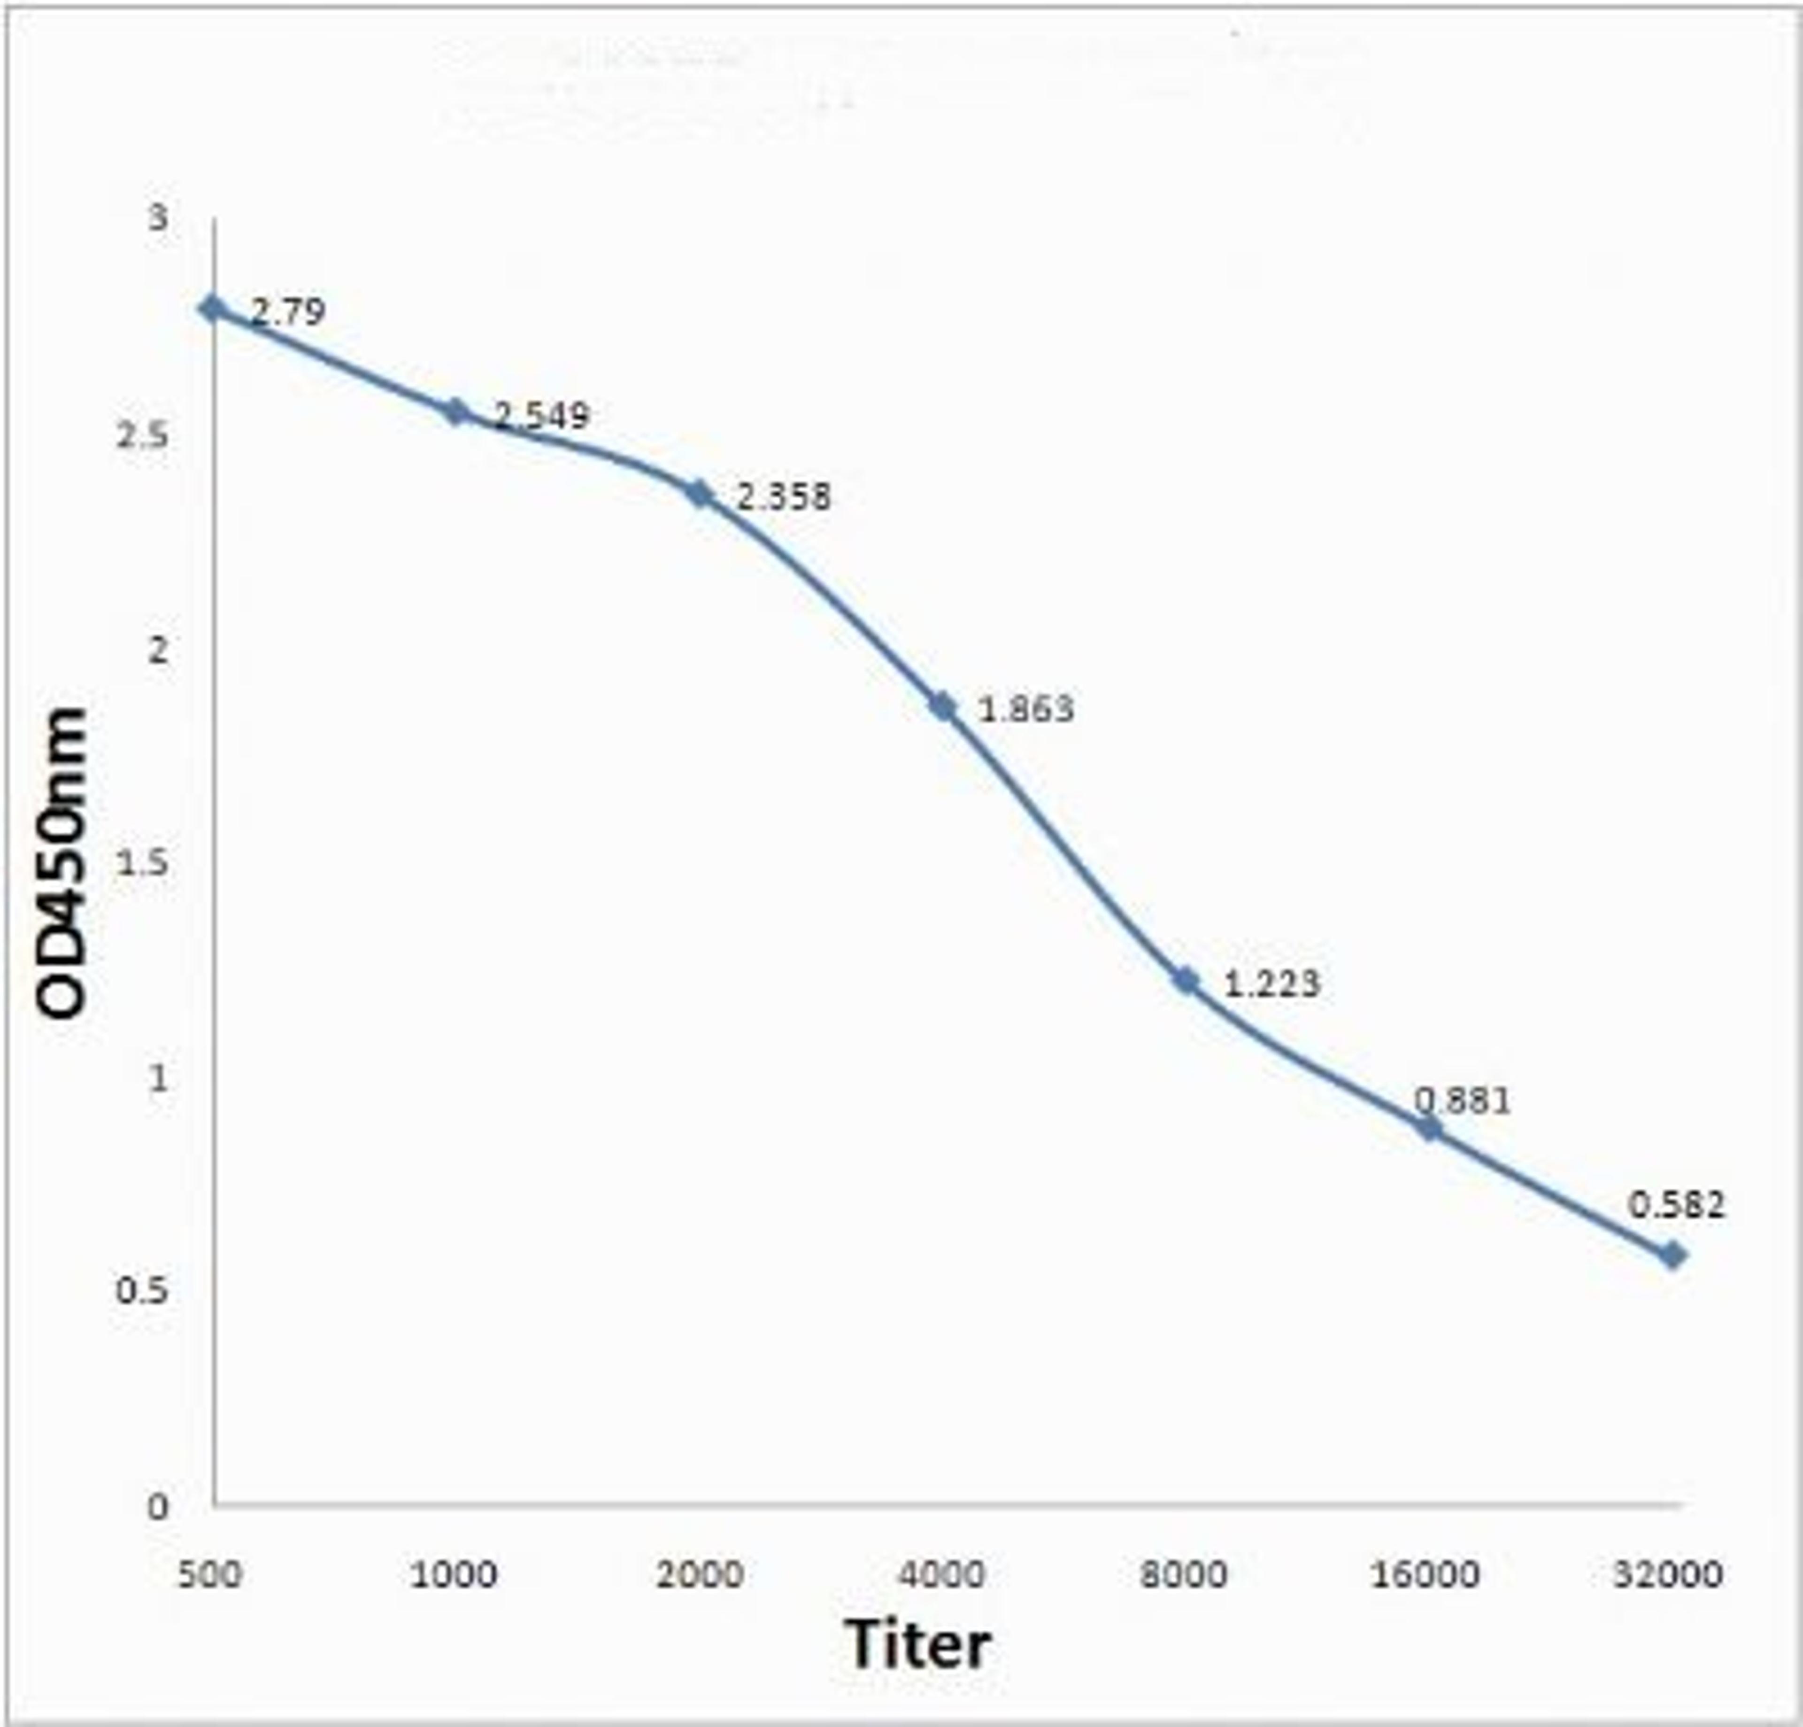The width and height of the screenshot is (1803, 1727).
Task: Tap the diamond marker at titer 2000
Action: pyautogui.click(x=701, y=494)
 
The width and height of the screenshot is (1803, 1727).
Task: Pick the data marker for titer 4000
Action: pyautogui.click(x=943, y=706)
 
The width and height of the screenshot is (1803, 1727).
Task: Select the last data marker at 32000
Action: pyautogui.click(x=1672, y=1255)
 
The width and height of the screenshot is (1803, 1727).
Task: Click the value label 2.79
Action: pyautogui.click(x=288, y=313)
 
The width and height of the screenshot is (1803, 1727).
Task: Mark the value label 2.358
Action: pyautogui.click(x=783, y=497)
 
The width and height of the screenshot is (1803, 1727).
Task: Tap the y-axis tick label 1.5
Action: pyautogui.click(x=143, y=863)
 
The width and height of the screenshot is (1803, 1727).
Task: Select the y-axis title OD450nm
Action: pyautogui.click(x=62, y=863)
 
